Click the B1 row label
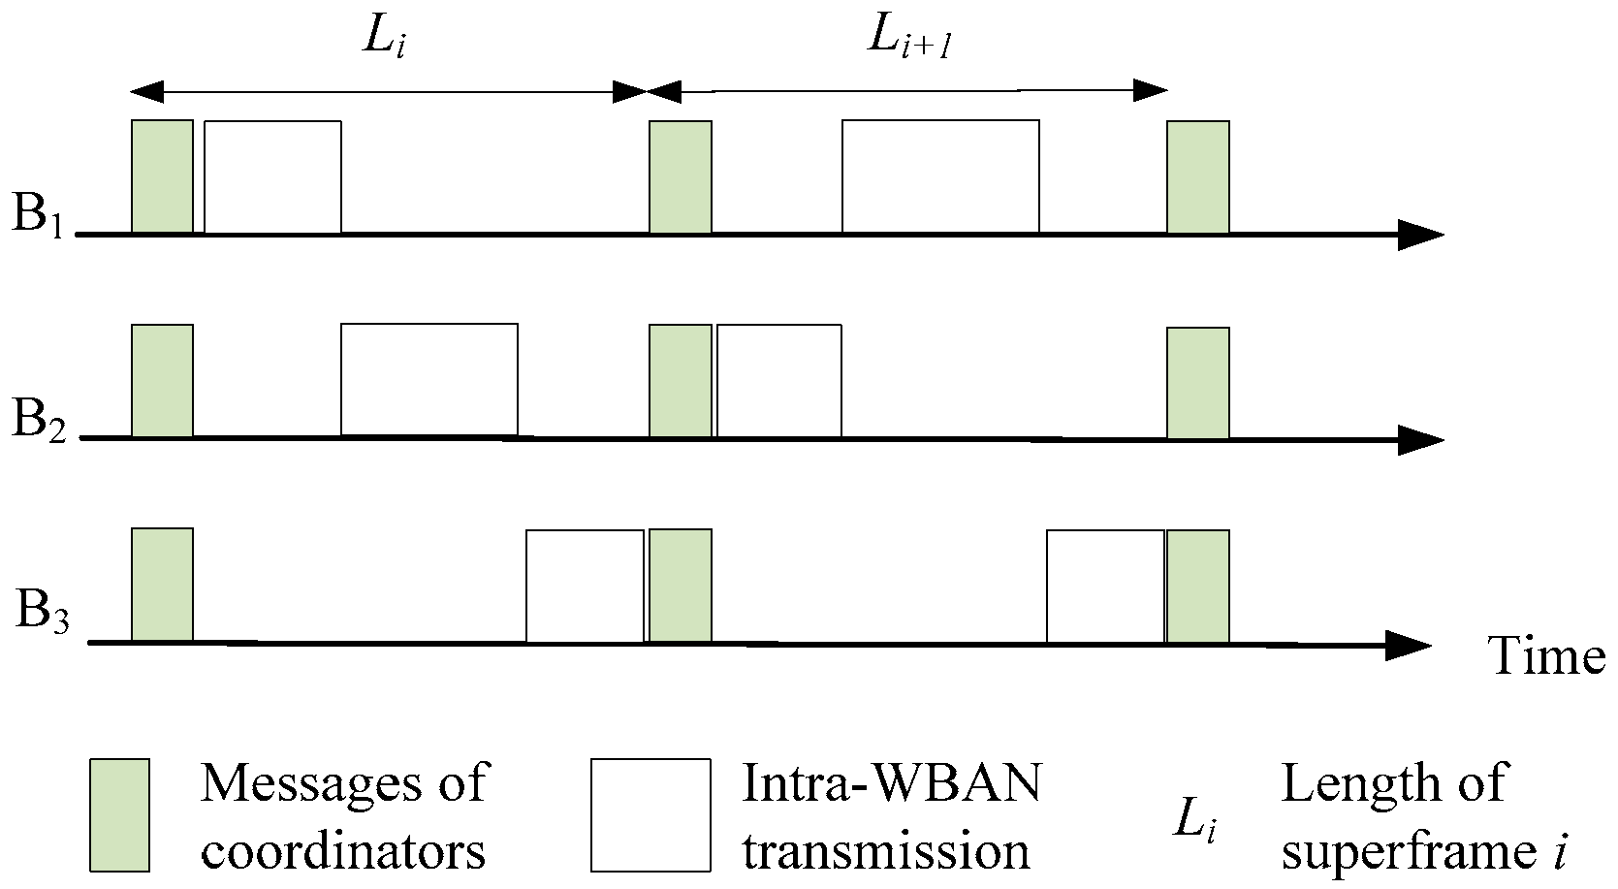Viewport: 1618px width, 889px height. tap(37, 213)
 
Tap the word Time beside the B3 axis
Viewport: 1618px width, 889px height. tap(1546, 656)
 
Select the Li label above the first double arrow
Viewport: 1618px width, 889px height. tap(382, 40)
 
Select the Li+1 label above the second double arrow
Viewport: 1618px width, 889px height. tap(905, 40)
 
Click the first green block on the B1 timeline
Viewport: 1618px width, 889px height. tap(162, 176)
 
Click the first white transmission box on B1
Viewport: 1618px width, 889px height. tap(272, 176)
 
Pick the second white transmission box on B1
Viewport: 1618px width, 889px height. tap(940, 176)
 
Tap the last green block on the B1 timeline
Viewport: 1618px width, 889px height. tap(1197, 176)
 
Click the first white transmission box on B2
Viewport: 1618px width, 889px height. tap(428, 379)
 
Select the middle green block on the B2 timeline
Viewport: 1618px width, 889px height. tap(680, 380)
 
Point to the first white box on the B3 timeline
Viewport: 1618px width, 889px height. tap(585, 586)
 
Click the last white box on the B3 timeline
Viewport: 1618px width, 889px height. tap(1105, 586)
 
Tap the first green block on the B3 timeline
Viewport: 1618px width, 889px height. tap(162, 585)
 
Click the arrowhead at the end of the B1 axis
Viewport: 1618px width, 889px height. tap(1420, 234)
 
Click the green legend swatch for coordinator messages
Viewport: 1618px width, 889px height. tap(119, 814)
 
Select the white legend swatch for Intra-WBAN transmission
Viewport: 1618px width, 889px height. tap(650, 814)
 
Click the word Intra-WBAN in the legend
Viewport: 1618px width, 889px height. tap(891, 783)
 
